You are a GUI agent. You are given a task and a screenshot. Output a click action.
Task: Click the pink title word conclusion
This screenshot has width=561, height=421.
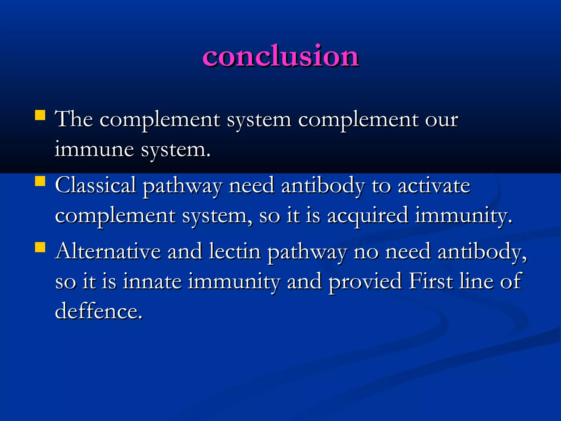(280, 56)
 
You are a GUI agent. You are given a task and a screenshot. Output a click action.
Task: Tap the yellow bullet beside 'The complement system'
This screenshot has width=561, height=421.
(40, 115)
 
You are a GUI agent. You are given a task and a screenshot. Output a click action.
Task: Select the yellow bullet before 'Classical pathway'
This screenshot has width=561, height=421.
(40, 181)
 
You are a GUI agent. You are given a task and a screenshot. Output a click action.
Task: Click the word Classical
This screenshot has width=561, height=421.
(96, 186)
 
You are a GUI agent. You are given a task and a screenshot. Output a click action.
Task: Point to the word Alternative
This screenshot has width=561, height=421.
(108, 251)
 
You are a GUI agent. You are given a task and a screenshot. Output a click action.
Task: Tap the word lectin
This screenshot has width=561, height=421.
(234, 251)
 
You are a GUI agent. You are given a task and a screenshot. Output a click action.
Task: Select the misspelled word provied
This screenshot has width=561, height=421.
(365, 282)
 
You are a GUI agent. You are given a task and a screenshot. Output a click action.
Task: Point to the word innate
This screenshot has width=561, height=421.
(152, 281)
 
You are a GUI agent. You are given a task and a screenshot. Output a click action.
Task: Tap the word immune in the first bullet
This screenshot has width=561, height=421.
(94, 150)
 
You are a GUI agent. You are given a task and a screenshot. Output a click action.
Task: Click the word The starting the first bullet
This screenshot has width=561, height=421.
(74, 120)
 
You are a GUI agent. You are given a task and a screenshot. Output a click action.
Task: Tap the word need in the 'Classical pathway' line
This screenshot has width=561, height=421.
(251, 186)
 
